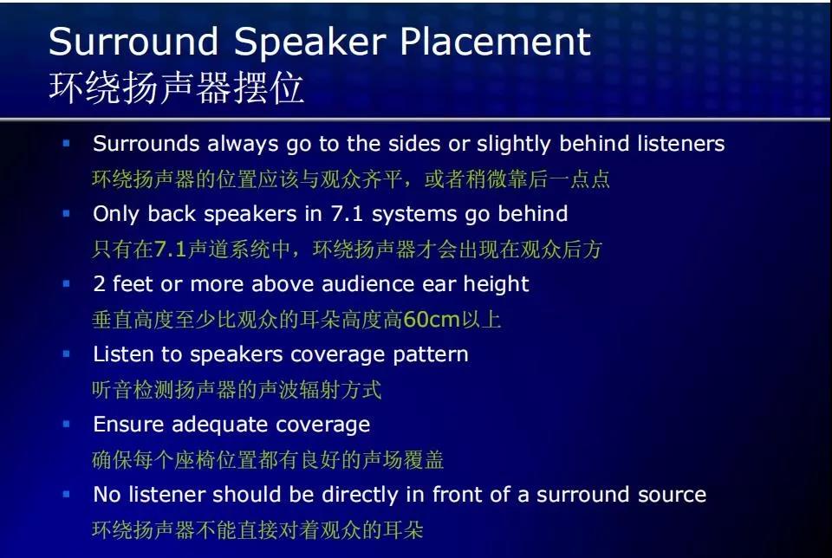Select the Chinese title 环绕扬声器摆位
177,89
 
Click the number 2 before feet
99,284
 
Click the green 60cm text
432,320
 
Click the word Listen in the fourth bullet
122,354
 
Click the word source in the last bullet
670,495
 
